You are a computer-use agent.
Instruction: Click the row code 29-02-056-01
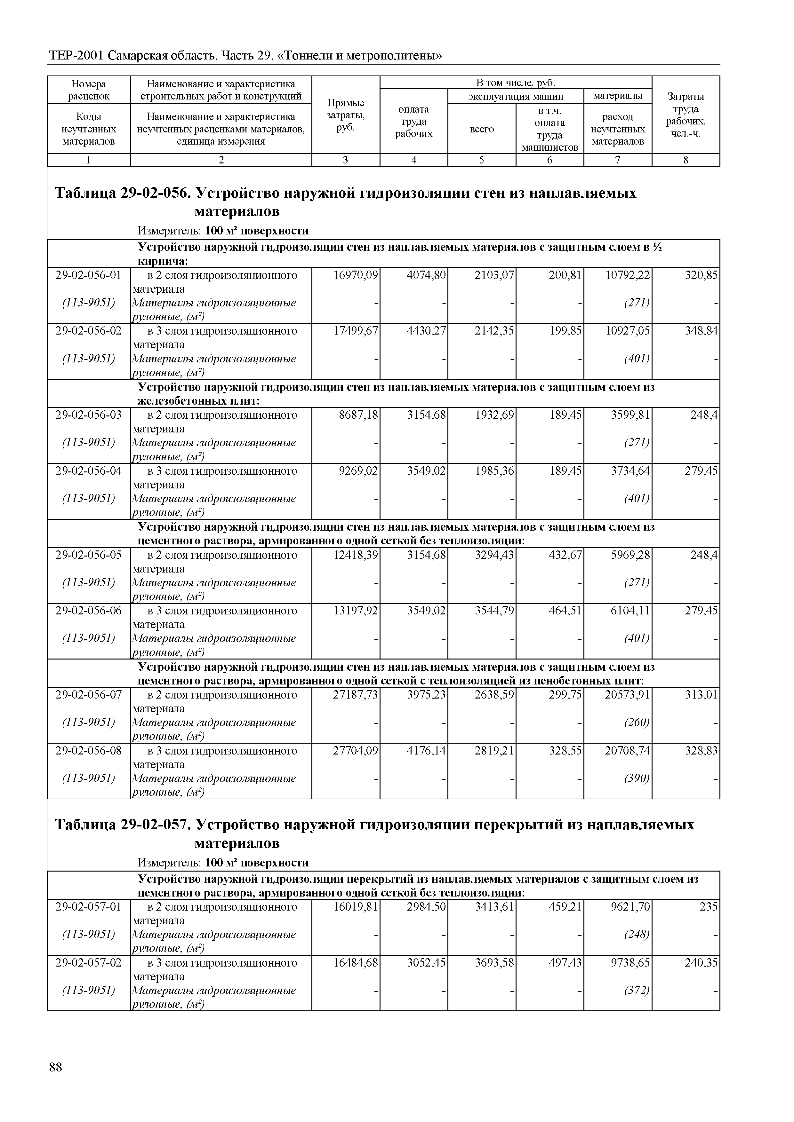[89, 275]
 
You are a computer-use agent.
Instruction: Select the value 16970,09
[356, 275]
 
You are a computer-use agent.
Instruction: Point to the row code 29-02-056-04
[89, 470]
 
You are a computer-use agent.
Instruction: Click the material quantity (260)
[637, 722]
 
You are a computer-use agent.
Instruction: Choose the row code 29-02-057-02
[89, 962]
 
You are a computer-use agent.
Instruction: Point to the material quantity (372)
[637, 990]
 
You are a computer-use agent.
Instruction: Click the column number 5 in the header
[482, 160]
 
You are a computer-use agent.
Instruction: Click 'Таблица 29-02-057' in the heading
[122, 825]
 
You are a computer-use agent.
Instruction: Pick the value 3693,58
[494, 962]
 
